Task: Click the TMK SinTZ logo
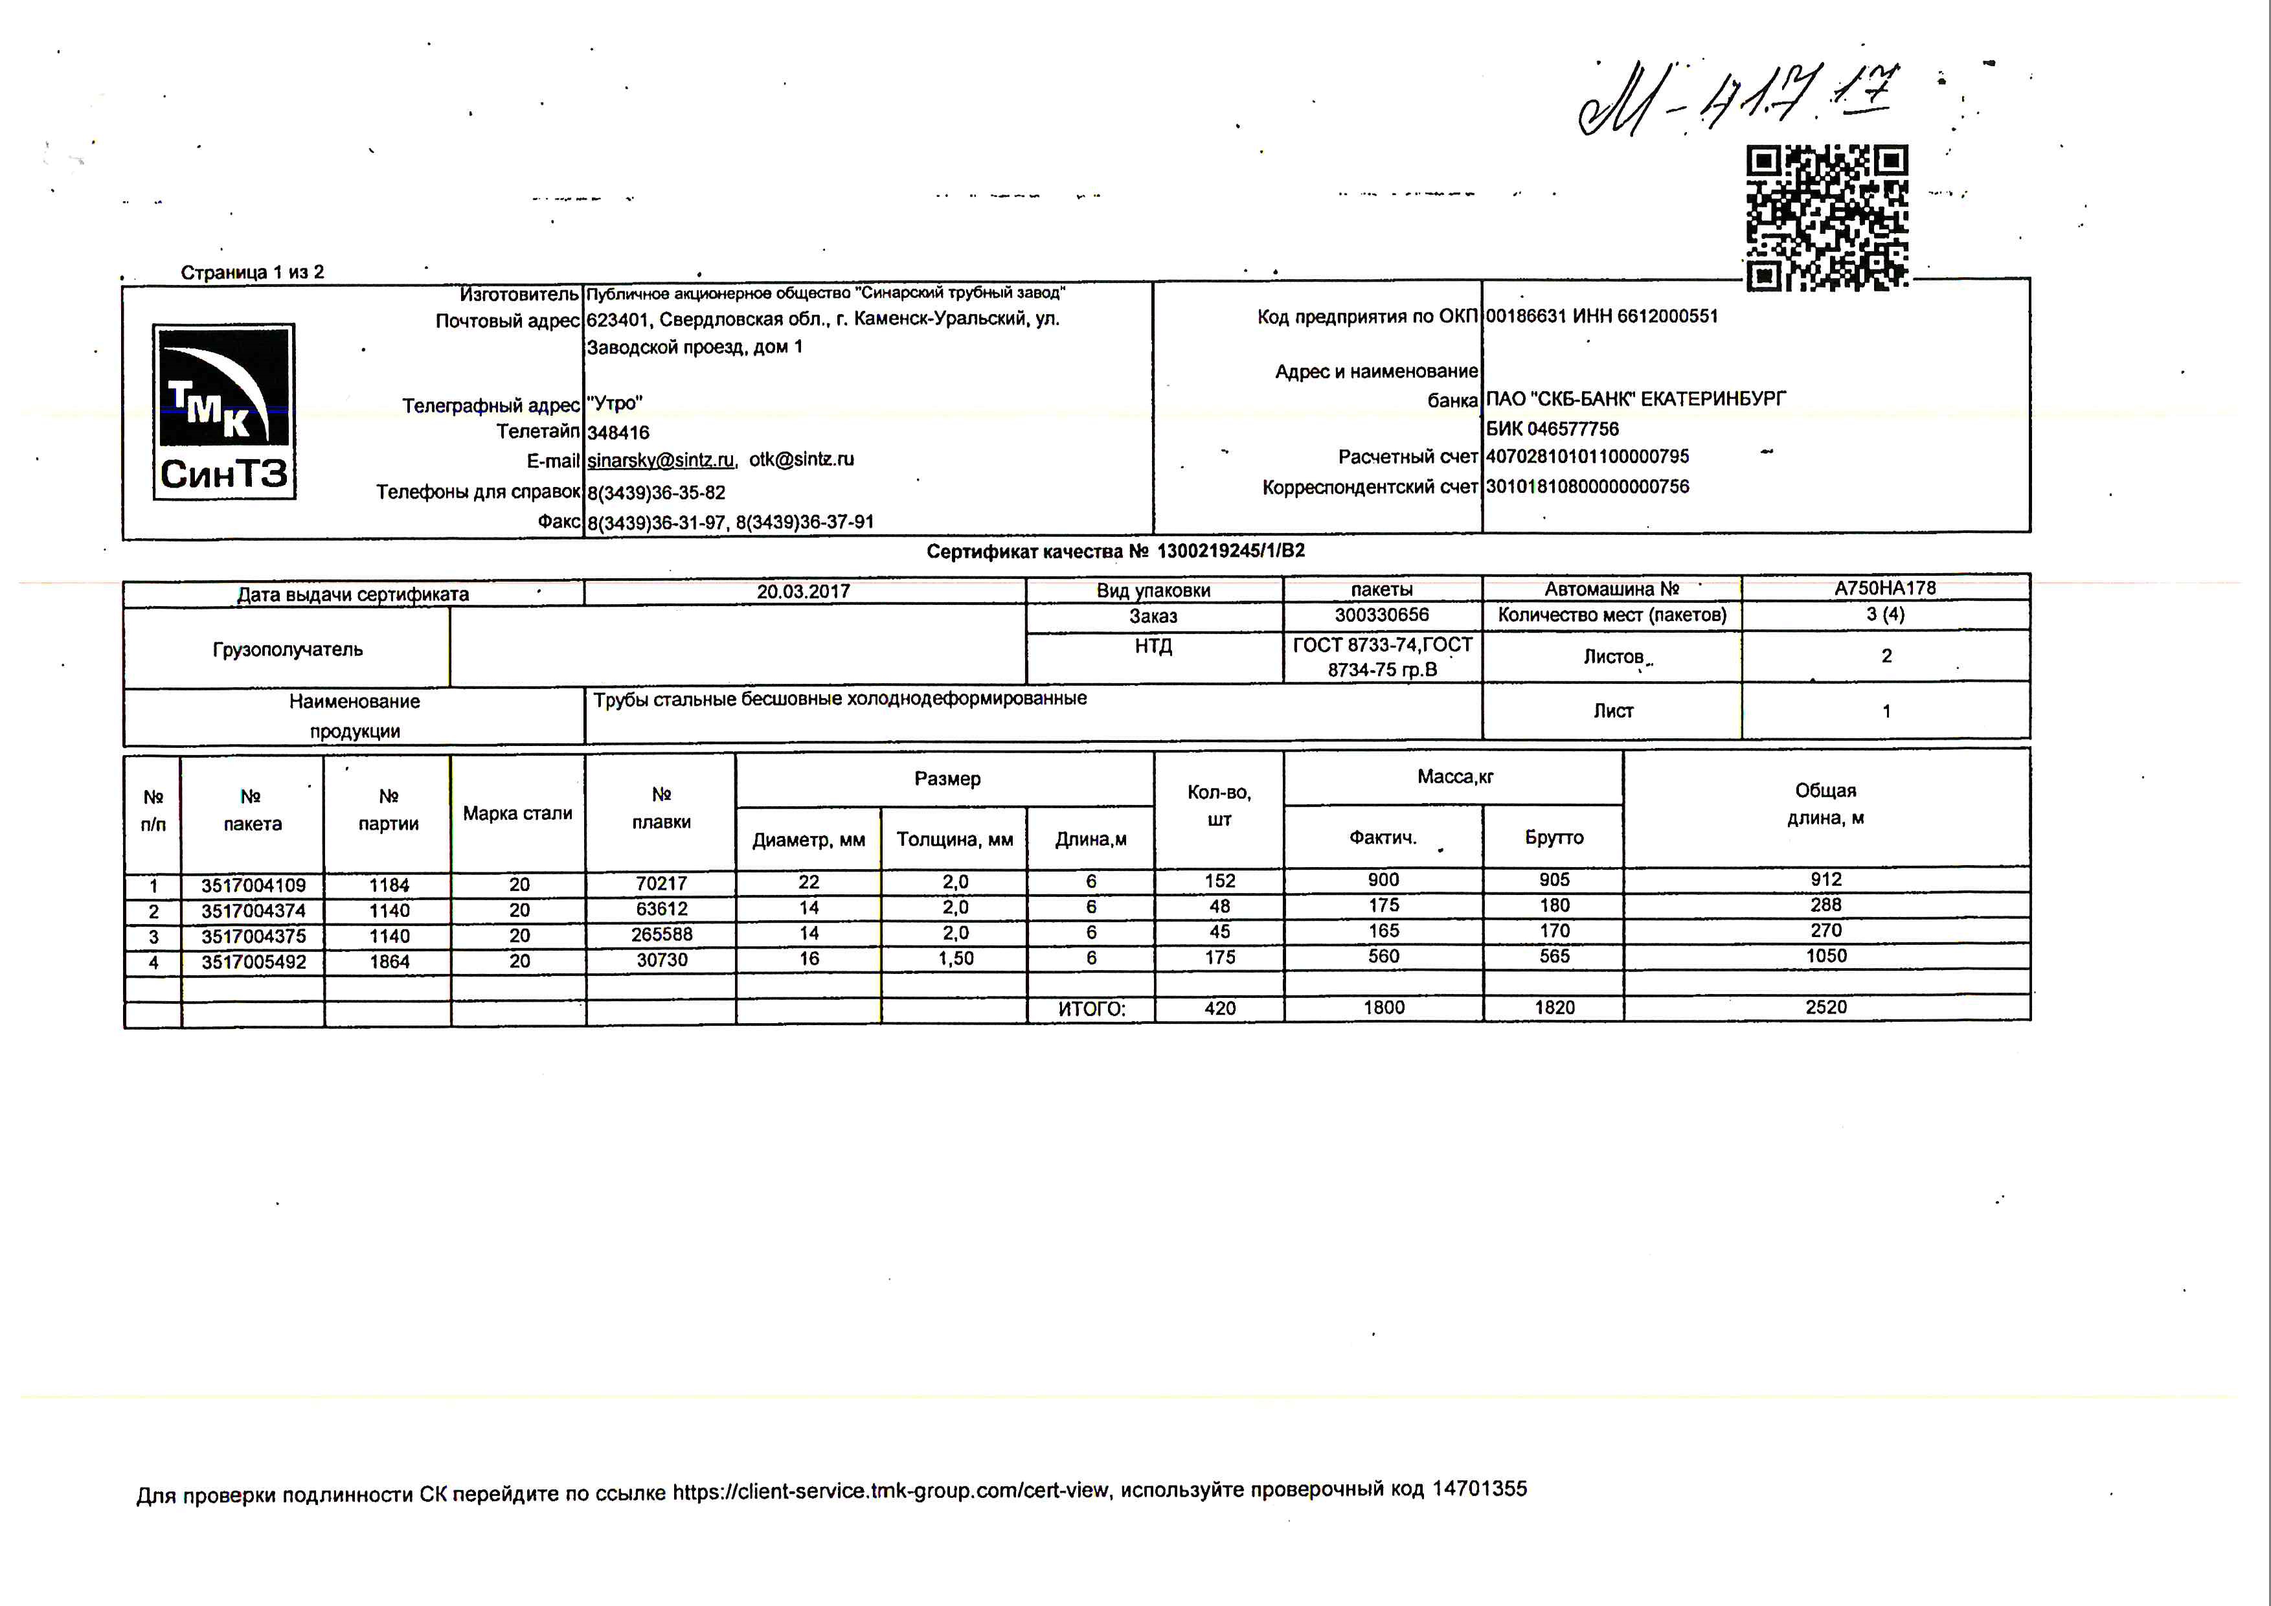click(x=223, y=411)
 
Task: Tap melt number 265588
click(x=662, y=934)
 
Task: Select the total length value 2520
click(x=1826, y=1008)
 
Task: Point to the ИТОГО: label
click(x=1091, y=1010)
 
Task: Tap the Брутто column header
click(x=1554, y=837)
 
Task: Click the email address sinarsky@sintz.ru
click(x=661, y=460)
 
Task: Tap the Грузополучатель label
click(x=288, y=650)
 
